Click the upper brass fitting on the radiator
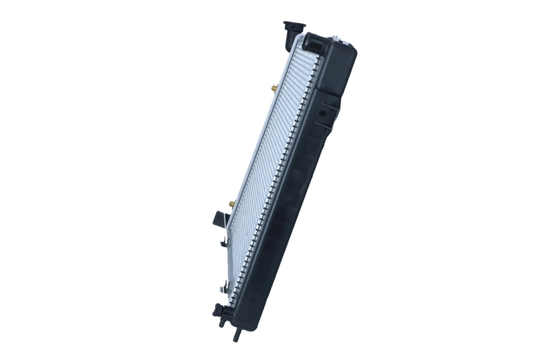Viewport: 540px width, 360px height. point(273,88)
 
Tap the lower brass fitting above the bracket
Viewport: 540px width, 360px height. point(232,202)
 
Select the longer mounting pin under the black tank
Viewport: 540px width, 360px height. point(236,333)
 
